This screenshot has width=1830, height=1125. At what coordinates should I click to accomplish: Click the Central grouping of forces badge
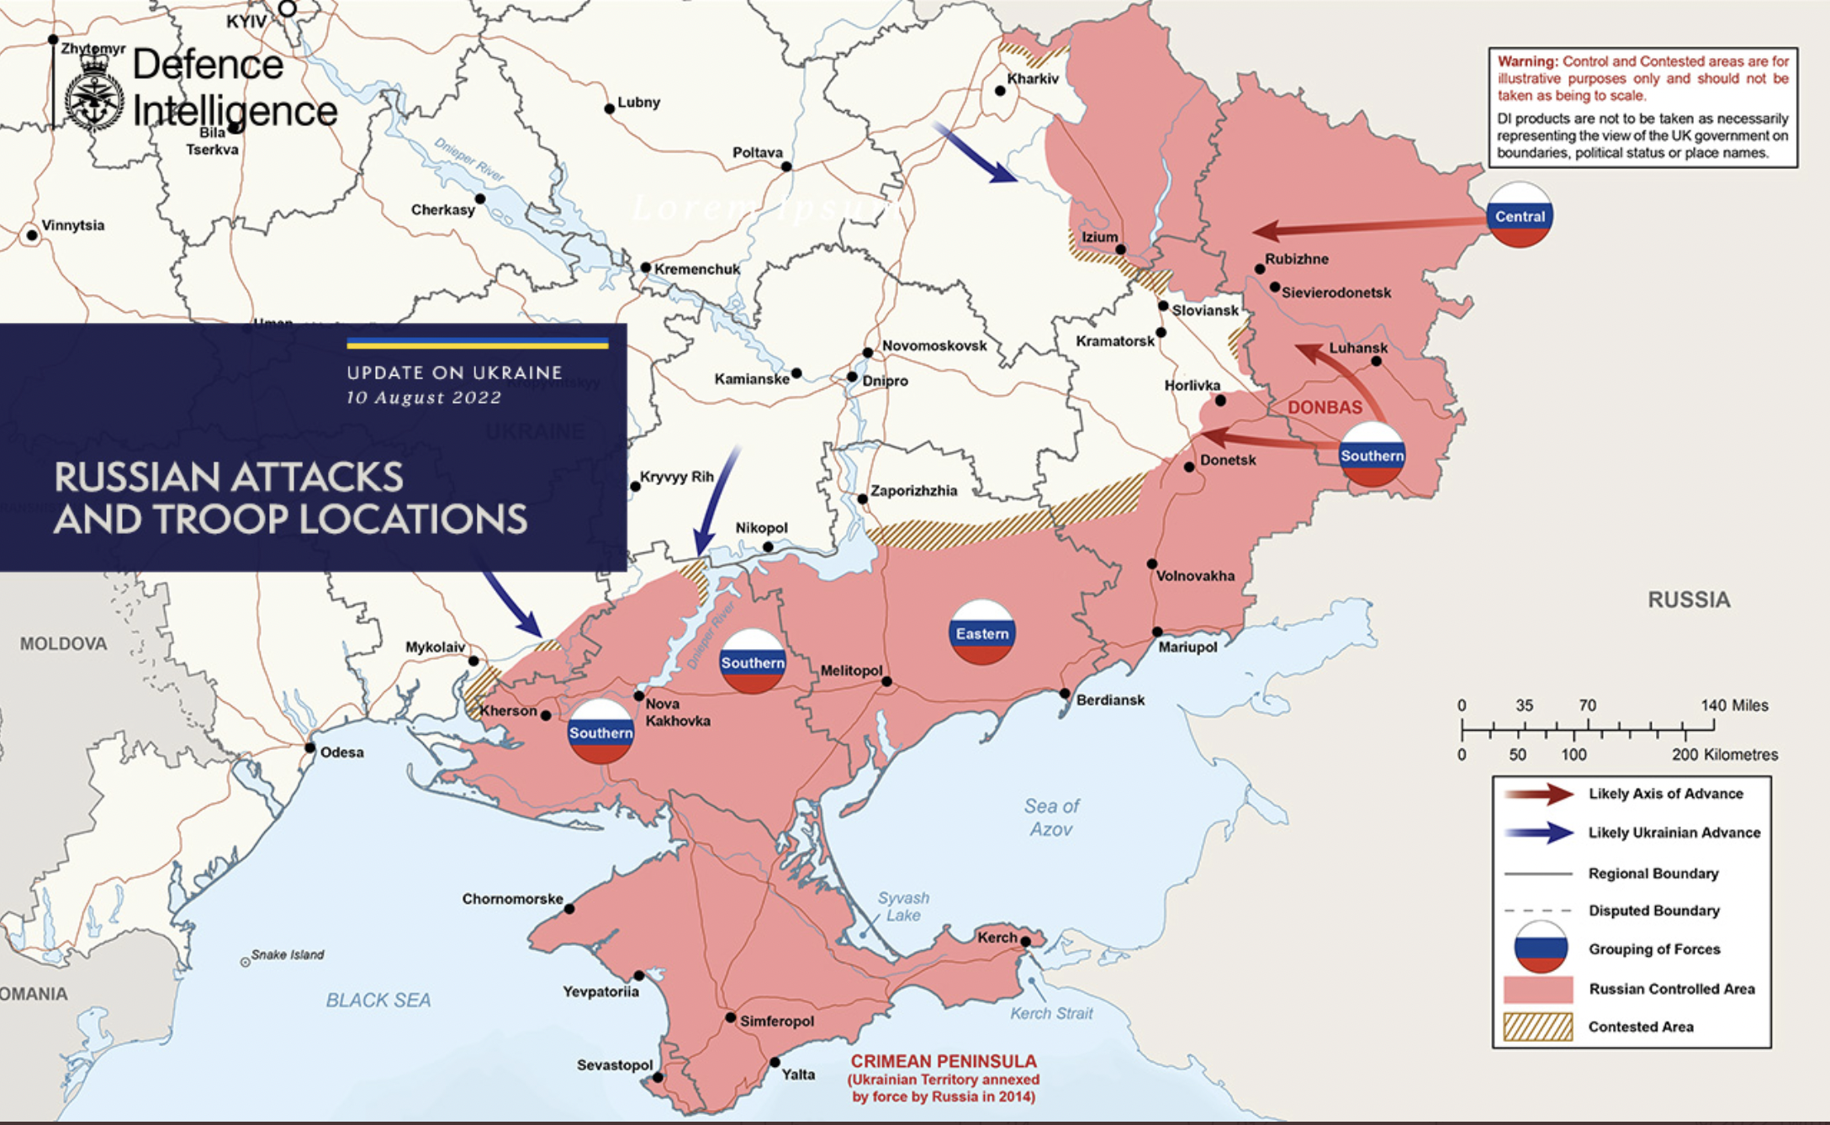[1519, 216]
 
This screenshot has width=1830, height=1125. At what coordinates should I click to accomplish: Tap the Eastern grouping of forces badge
[981, 633]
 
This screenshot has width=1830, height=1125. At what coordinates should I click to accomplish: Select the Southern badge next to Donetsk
[1372, 455]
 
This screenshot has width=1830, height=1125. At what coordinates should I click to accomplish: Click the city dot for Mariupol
[1157, 631]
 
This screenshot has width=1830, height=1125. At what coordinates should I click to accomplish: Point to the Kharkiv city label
[1033, 78]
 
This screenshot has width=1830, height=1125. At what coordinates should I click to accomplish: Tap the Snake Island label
[287, 954]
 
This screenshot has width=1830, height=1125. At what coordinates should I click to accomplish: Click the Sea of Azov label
[1051, 817]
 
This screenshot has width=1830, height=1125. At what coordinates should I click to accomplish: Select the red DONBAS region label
[1325, 407]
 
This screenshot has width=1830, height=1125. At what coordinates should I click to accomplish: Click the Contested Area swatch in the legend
[1537, 1027]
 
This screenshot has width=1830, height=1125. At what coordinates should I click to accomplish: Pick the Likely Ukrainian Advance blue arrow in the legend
[1539, 832]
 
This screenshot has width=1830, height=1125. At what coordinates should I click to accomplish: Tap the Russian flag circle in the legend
[1540, 948]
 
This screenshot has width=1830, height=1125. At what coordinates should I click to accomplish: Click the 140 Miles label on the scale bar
[1734, 705]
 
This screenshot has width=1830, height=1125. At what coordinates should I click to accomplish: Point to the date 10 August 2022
[424, 398]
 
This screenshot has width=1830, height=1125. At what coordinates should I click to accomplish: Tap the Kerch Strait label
[1051, 1013]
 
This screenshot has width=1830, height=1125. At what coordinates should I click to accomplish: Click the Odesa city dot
[309, 747]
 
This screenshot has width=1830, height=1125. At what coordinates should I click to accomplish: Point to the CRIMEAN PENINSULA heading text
[944, 1061]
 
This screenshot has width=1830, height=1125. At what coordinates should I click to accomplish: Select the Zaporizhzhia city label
[913, 490]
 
